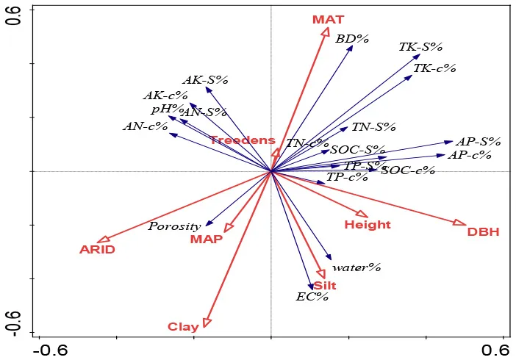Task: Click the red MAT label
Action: click(x=328, y=20)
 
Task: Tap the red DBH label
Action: click(x=483, y=232)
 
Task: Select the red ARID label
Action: click(x=98, y=250)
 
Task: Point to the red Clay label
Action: click(x=183, y=327)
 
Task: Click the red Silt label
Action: click(x=325, y=285)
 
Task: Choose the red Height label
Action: click(x=368, y=225)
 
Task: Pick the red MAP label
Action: click(x=207, y=240)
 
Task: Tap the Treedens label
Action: click(x=242, y=140)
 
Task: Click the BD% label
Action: click(x=351, y=39)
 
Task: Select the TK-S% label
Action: click(x=420, y=46)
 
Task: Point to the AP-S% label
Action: click(x=478, y=141)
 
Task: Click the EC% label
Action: click(x=312, y=297)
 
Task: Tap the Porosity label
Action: click(x=174, y=226)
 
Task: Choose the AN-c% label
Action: click(x=145, y=126)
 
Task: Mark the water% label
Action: click(x=356, y=267)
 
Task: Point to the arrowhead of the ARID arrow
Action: click(x=103, y=240)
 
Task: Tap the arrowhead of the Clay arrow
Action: click(x=207, y=322)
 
